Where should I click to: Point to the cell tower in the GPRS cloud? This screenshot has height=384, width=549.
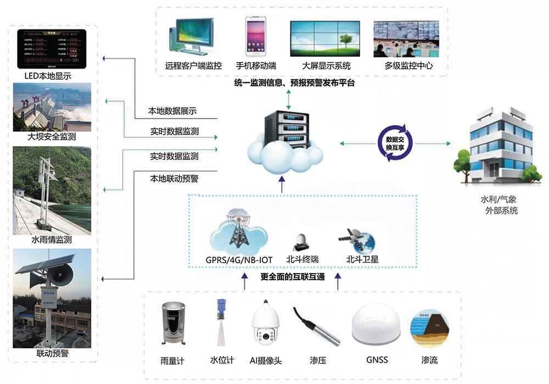(238, 229)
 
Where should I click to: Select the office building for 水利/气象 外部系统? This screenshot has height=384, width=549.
(497, 147)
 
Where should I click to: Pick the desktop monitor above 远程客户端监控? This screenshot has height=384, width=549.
(193, 37)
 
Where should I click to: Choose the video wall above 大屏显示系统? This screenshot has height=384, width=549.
(326, 38)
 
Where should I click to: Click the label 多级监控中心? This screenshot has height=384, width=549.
(408, 66)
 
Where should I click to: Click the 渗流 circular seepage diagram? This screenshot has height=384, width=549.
(430, 328)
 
